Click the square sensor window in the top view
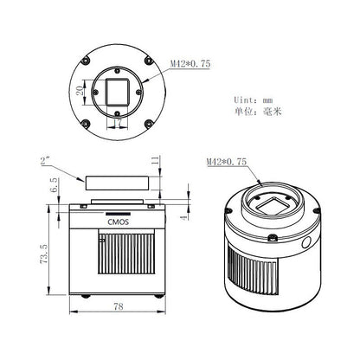click(x=119, y=92)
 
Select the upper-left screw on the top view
click(x=87, y=61)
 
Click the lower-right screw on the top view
click(x=150, y=122)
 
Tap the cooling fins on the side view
click(x=119, y=264)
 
